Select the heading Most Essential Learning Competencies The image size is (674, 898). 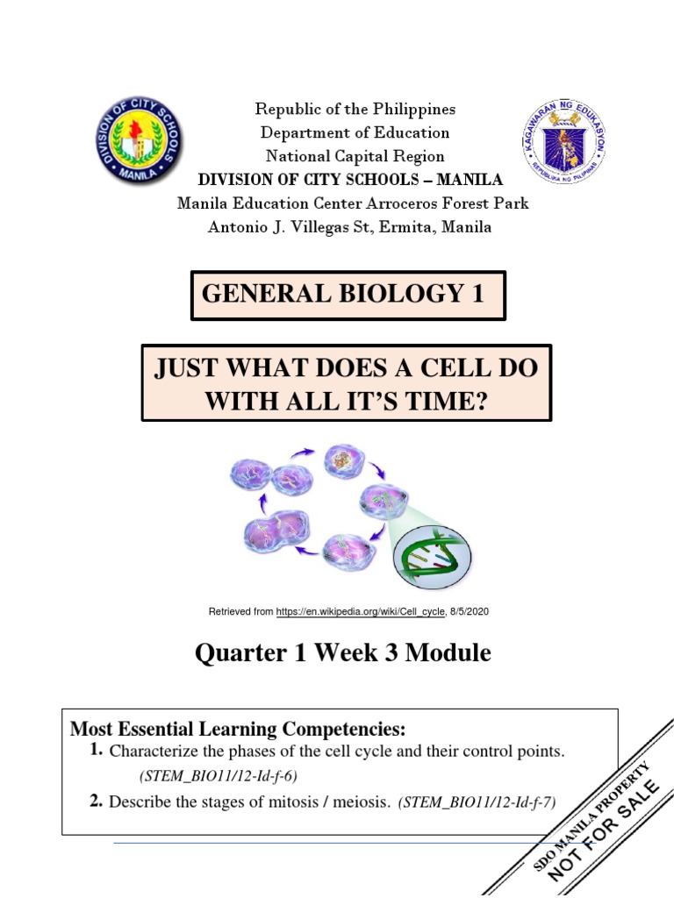239,729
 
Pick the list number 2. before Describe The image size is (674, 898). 97,801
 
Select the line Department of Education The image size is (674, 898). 355,133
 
